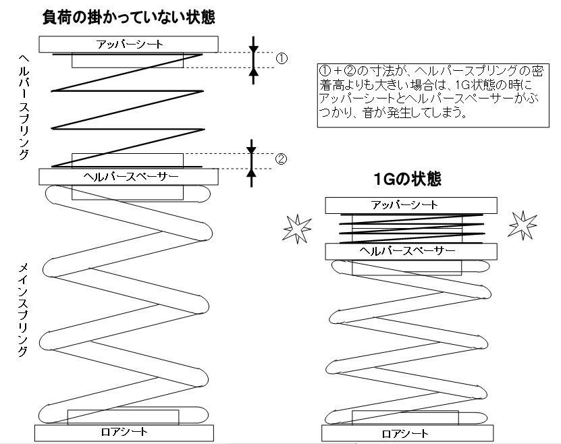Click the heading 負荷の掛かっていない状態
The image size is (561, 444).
coord(129,17)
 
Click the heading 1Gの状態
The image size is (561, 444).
coord(407,179)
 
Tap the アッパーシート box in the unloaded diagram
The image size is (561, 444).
coord(128,45)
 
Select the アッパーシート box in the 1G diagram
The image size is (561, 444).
coord(411,205)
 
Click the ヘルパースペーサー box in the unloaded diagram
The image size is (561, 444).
coord(128,177)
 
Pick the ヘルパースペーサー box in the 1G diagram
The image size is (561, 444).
coord(411,251)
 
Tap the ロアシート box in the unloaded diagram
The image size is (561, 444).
coord(124,433)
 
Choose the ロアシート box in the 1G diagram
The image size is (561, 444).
coord(408,433)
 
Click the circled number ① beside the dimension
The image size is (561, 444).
coord(282,58)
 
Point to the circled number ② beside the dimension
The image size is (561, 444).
coord(281,159)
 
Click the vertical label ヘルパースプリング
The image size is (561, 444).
coord(24,107)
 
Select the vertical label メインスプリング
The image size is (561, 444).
coord(23,309)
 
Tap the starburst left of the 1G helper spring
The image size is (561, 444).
coord(297,229)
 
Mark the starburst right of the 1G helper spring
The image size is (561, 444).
coord(523,225)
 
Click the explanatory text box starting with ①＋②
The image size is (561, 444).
coord(433,95)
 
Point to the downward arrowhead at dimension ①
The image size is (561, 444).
coord(254,50)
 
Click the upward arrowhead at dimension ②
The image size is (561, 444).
coord(252,173)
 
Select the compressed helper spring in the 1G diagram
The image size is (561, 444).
coord(411,229)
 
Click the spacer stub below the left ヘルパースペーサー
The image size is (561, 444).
coord(128,192)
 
